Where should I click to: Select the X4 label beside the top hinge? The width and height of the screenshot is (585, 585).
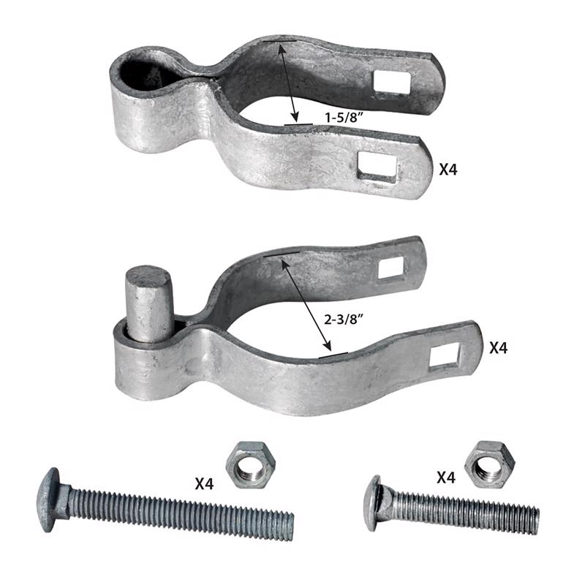pyautogui.click(x=451, y=170)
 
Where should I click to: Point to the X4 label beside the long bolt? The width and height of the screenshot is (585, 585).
pyautogui.click(x=208, y=483)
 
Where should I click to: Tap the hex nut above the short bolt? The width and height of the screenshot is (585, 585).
pyautogui.click(x=489, y=464)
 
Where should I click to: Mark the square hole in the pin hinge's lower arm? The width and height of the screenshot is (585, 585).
pyautogui.click(x=445, y=356)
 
